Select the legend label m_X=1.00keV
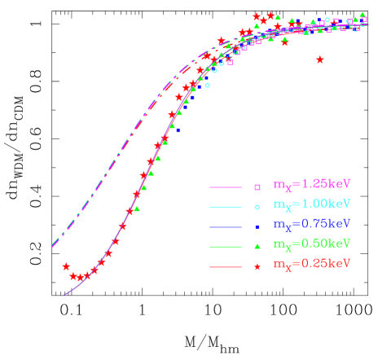(x=311, y=204)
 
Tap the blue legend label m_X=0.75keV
(x=311, y=223)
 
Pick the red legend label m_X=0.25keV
(x=311, y=264)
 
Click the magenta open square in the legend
(x=257, y=187)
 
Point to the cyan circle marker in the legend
(x=257, y=207)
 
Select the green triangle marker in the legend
(x=257, y=247)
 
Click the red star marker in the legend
(x=257, y=266)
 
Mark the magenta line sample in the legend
(x=226, y=187)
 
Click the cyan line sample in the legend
(x=226, y=207)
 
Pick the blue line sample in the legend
(x=226, y=226)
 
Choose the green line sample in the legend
(x=226, y=247)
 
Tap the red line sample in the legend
(x=226, y=266)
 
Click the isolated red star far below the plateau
(x=319, y=59)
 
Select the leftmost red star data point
(x=66, y=266)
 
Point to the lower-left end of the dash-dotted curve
(x=52, y=244)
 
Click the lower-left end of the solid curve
(x=64, y=294)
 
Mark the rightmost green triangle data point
(x=363, y=15)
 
